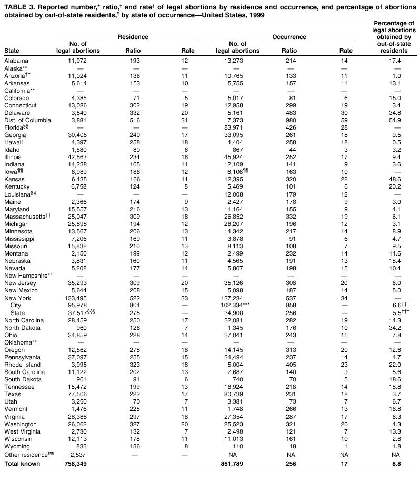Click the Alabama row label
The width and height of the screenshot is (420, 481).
16,61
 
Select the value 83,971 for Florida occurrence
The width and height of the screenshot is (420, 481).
237,127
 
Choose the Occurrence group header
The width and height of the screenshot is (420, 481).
289,37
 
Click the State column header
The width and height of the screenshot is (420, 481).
12,51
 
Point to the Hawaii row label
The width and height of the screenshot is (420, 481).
14,142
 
